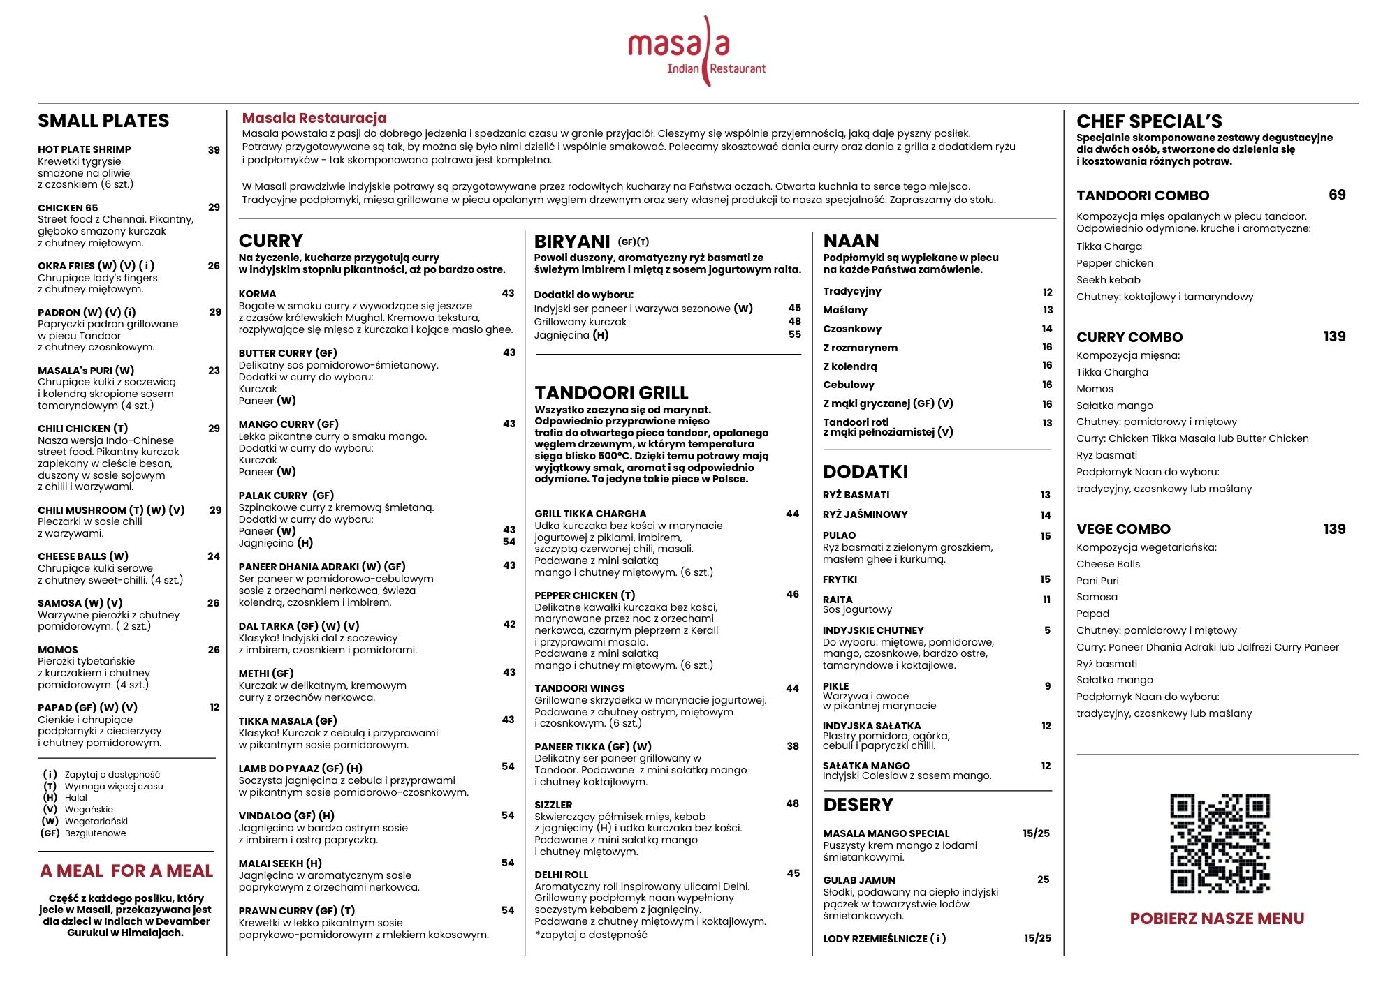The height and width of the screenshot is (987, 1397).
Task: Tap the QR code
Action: click(1220, 843)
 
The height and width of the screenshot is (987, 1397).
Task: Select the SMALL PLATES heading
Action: click(103, 121)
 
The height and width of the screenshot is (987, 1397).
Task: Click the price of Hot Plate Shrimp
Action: click(214, 149)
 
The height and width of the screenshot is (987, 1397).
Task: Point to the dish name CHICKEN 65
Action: click(68, 208)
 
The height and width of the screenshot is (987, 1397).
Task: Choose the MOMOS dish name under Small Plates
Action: click(58, 650)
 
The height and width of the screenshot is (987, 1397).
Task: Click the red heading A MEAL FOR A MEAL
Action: click(126, 871)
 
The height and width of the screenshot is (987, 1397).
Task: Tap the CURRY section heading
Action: click(271, 241)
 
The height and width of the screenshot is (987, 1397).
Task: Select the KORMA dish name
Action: click(257, 294)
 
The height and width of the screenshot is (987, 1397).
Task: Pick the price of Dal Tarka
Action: click(509, 624)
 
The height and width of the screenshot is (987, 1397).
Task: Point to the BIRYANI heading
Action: click(572, 242)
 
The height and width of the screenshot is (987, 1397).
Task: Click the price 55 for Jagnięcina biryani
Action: click(795, 334)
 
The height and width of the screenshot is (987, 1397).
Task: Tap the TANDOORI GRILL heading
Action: click(611, 393)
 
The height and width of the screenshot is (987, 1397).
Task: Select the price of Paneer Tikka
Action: click(793, 746)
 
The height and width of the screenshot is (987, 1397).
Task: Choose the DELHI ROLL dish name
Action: click(561, 875)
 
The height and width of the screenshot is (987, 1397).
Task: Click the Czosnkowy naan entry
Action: click(852, 329)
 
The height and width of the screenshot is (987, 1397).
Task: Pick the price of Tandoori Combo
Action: click(1337, 195)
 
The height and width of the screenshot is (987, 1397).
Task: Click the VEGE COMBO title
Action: click(1123, 529)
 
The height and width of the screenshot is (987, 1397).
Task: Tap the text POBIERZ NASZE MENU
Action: click(1217, 919)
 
